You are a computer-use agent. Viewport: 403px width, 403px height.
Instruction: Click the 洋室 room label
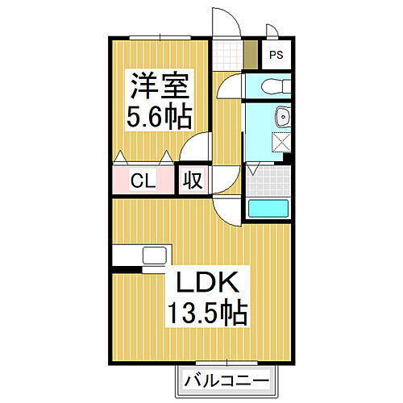[156, 85]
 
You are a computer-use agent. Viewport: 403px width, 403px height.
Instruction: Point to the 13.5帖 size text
[206, 310]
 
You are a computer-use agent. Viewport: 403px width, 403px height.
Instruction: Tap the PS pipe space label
[276, 56]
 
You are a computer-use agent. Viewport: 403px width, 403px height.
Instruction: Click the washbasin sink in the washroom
[281, 118]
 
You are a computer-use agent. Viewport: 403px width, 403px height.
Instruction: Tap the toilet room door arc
[230, 85]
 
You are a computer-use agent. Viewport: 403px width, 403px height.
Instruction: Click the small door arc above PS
[273, 32]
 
